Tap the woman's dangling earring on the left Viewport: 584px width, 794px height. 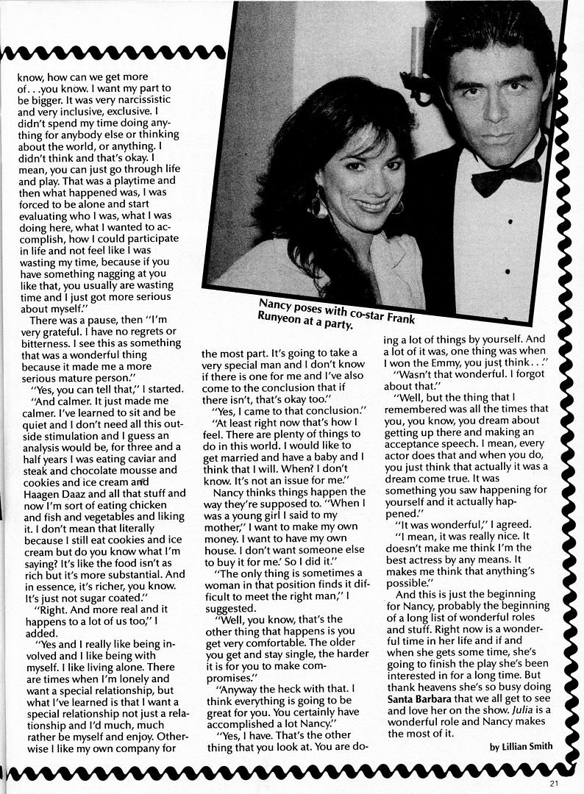pos(319,204)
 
